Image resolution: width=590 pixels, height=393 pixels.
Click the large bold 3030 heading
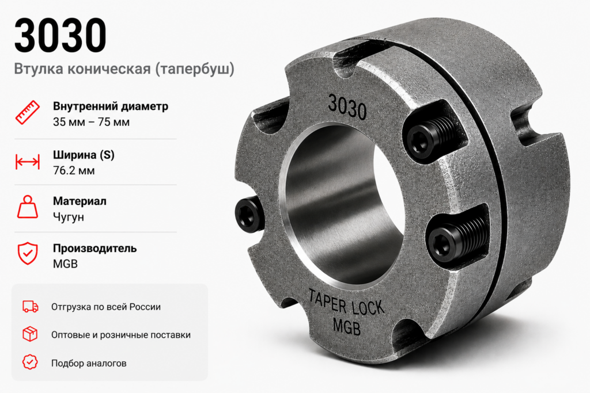coord(60,35)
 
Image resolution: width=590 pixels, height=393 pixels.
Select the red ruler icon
coord(28,112)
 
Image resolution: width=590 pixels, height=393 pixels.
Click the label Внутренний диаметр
coord(110,106)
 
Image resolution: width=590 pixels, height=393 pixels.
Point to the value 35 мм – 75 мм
coord(91,122)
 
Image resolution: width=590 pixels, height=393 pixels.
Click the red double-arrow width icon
coord(28,162)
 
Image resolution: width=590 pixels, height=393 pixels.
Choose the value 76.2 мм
coord(74,170)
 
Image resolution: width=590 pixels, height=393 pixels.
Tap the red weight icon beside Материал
coord(28,207)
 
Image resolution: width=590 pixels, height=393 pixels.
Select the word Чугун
coord(69,217)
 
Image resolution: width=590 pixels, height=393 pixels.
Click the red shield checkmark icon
coord(28,253)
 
